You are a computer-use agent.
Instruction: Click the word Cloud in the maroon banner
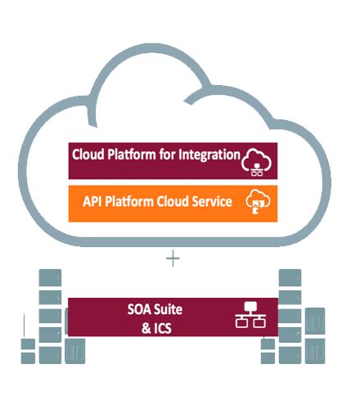tap(88, 155)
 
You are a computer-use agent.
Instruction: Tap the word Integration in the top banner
tap(208, 155)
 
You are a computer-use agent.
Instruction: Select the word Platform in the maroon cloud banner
tap(133, 155)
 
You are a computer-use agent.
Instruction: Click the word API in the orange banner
tap(94, 200)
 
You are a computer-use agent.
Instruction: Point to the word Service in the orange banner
tap(211, 200)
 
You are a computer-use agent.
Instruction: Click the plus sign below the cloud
tap(172, 259)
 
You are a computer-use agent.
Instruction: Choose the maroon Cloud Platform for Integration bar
tap(173, 160)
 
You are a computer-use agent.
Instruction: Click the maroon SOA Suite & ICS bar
tap(173, 318)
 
